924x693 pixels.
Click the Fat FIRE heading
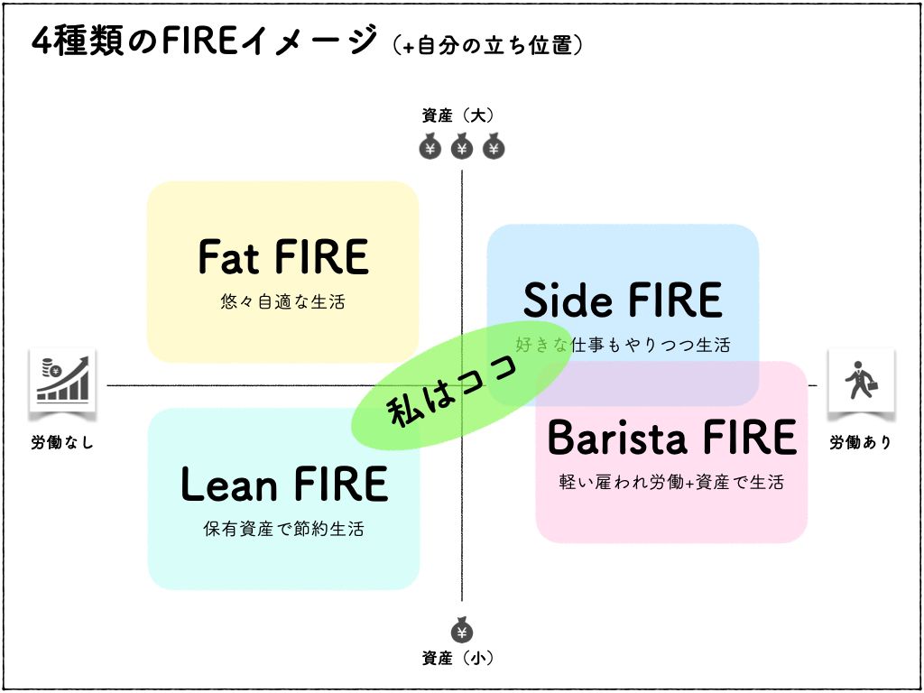[x=283, y=257]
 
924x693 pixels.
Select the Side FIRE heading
[x=623, y=300]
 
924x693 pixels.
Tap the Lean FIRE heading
[x=283, y=485]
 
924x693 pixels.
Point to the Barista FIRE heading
[x=672, y=439]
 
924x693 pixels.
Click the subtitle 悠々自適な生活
[x=283, y=301]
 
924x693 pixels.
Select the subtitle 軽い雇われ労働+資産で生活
[x=672, y=482]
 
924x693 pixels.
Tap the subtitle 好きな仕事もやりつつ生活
[x=623, y=345]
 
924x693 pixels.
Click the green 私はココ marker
[x=461, y=393]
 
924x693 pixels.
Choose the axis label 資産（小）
[x=461, y=658]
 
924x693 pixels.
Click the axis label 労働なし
[x=62, y=443]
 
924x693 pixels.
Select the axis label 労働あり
[x=860, y=443]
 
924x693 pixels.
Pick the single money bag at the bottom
[x=461, y=630]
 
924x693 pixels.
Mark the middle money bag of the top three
[x=461, y=146]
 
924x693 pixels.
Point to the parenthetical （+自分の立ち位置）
[x=487, y=44]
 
